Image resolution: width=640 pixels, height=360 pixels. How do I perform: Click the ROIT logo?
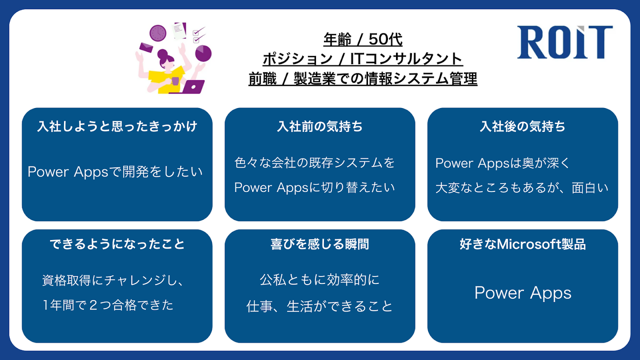pyautogui.click(x=565, y=42)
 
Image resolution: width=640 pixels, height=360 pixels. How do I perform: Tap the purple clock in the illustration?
pyautogui.click(x=158, y=33)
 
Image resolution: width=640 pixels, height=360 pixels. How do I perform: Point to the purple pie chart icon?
pyautogui.click(x=203, y=53)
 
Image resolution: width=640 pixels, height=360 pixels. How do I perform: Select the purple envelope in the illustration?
pyautogui.click(x=146, y=48)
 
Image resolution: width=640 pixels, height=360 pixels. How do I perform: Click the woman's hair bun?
pyautogui.click(x=162, y=53)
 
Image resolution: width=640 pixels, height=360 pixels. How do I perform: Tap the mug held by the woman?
pyautogui.click(x=175, y=81)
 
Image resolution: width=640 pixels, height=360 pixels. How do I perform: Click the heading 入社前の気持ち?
pyautogui.click(x=320, y=126)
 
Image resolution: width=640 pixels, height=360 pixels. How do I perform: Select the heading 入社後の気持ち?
pyautogui.click(x=523, y=126)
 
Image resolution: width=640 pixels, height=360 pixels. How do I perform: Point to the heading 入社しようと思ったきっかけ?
pyautogui.click(x=117, y=126)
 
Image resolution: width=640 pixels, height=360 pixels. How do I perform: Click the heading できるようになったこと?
pyautogui.click(x=117, y=244)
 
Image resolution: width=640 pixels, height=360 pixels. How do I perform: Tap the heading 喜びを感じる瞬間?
pyautogui.click(x=320, y=244)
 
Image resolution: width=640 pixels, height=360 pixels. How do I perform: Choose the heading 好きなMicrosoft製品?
pyautogui.click(x=523, y=244)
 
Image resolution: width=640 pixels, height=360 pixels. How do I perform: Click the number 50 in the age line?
pyautogui.click(x=377, y=39)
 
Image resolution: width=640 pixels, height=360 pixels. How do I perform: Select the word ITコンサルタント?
pyautogui.click(x=406, y=59)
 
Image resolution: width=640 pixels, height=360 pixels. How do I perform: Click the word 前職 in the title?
pyautogui.click(x=263, y=79)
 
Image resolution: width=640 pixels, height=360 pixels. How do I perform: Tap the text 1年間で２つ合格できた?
pyautogui.click(x=108, y=305)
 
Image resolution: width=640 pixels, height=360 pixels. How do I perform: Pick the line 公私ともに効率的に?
pyautogui.click(x=320, y=280)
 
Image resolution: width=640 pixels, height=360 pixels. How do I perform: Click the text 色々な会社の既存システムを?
pyautogui.click(x=315, y=163)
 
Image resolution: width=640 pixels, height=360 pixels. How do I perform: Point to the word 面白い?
pyautogui.click(x=590, y=188)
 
